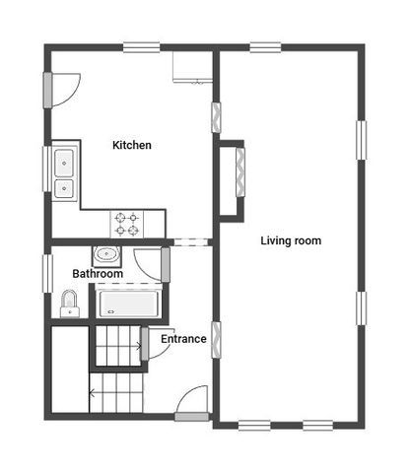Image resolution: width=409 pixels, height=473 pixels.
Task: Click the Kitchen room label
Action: pos(132,146)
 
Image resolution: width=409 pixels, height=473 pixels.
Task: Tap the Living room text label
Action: pos(291,240)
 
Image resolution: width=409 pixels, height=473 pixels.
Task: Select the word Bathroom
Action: pos(98,274)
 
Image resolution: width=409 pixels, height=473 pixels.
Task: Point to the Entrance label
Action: pos(183,339)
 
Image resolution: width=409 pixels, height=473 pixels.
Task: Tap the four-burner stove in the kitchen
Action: pos(128,225)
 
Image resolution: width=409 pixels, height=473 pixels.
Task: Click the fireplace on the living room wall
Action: pos(236,180)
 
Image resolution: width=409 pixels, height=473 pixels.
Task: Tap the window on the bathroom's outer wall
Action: pos(46,272)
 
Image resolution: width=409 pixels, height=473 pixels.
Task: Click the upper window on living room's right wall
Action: pos(361,138)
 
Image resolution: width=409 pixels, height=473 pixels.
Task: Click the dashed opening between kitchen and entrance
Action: pos(191,241)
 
